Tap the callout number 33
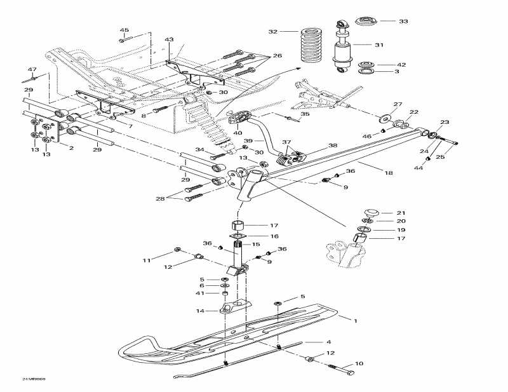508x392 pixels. pyautogui.click(x=403, y=21)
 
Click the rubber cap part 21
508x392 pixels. pyautogui.click(x=370, y=212)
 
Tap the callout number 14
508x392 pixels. pyautogui.click(x=201, y=311)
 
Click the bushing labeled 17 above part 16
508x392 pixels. pyautogui.click(x=237, y=225)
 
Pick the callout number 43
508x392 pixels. pyautogui.click(x=169, y=39)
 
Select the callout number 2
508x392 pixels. pyautogui.click(x=71, y=148)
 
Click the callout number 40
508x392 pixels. pyautogui.click(x=237, y=133)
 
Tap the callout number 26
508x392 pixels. pyautogui.click(x=277, y=56)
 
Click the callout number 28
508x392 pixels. pyautogui.click(x=159, y=199)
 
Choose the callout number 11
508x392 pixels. pyautogui.click(x=147, y=260)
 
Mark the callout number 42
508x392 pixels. pyautogui.click(x=401, y=65)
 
